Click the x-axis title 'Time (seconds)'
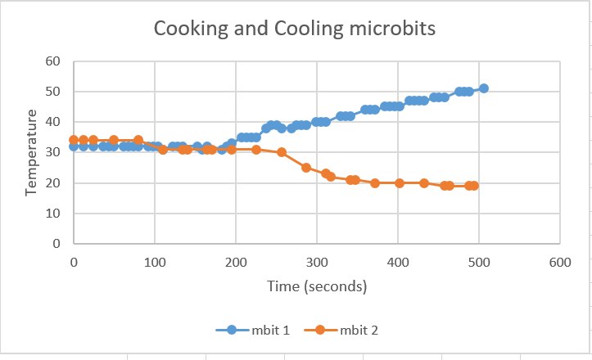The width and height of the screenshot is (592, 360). click(x=316, y=286)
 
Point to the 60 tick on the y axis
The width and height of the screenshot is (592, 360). click(x=54, y=61)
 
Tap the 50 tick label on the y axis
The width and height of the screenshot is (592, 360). click(x=54, y=92)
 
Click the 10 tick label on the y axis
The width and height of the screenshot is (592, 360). click(x=54, y=214)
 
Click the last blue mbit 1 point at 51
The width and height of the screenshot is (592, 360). click(x=484, y=88)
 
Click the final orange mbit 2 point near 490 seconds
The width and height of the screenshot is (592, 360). click(x=473, y=186)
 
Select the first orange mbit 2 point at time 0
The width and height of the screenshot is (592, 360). click(x=74, y=140)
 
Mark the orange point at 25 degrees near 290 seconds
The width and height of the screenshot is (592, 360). click(x=306, y=168)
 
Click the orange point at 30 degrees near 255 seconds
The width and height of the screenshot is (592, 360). click(x=282, y=152)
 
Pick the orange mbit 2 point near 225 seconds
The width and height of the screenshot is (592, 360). click(x=256, y=150)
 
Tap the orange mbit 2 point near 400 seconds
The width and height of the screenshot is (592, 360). click(x=400, y=183)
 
